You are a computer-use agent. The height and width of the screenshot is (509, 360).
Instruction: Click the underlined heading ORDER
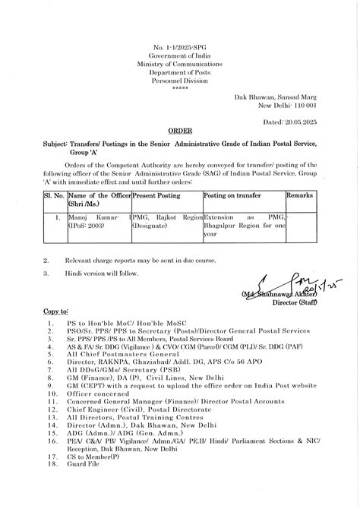coord(180,131)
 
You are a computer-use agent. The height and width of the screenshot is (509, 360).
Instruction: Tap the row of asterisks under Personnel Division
coord(180,88)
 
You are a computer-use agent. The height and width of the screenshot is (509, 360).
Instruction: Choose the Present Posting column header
coord(157,195)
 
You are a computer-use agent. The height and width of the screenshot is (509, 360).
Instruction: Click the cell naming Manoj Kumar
coord(88,222)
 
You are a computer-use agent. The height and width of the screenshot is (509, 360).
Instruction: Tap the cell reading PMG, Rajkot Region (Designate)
coord(167,222)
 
